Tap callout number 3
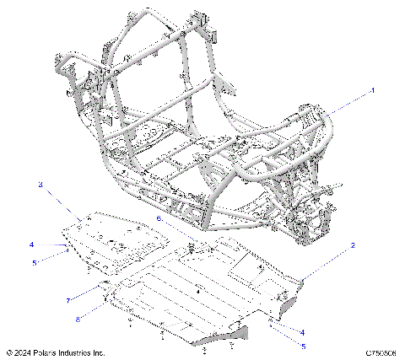pyautogui.click(x=40, y=183)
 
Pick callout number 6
pyautogui.click(x=158, y=218)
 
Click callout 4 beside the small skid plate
pyautogui.click(x=31, y=245)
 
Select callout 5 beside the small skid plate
pyautogui.click(x=35, y=262)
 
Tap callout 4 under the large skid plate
pyautogui.click(x=302, y=332)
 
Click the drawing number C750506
pyautogui.click(x=382, y=352)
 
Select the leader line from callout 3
pyautogui.click(x=59, y=201)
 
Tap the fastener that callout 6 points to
pyautogui.click(x=192, y=246)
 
